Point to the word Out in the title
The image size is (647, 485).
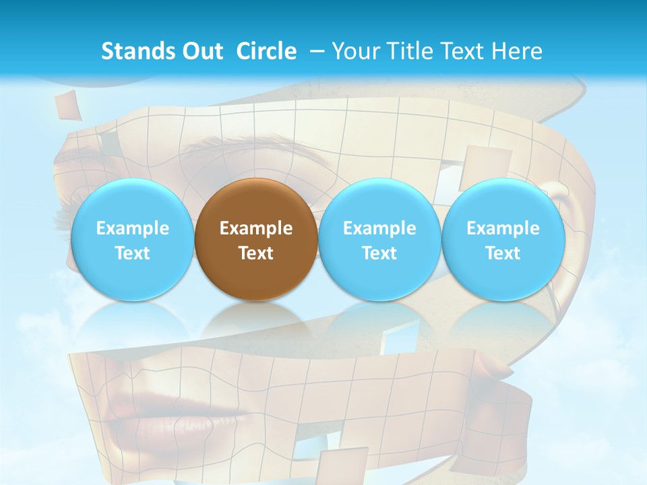(x=199, y=51)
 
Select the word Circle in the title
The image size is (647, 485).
(x=266, y=51)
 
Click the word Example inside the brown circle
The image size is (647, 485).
(x=256, y=228)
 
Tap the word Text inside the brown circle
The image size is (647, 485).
(x=256, y=253)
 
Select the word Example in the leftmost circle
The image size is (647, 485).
(x=132, y=228)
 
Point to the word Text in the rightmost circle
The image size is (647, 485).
(x=503, y=253)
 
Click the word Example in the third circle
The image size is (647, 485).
(x=379, y=228)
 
